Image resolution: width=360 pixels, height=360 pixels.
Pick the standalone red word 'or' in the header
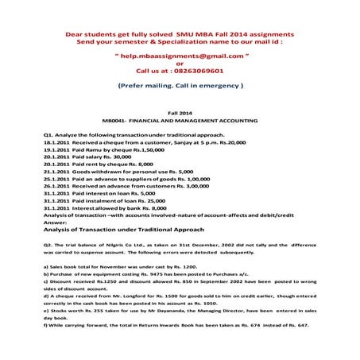(x=179, y=64)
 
